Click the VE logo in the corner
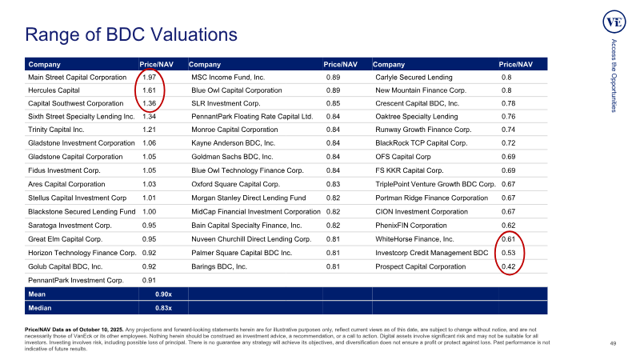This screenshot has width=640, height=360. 614,22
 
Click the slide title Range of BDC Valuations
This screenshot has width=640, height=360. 131,34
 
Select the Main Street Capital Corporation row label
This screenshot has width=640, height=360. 77,77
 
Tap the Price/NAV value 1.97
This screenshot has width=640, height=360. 149,77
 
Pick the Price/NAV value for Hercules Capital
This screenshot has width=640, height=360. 149,90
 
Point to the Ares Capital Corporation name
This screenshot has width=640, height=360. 66,184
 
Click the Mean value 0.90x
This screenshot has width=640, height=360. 163,294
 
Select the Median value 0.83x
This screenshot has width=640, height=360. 163,308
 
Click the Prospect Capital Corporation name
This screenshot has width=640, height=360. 421,266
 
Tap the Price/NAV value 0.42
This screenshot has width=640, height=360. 508,266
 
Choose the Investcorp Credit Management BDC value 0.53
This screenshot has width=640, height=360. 508,253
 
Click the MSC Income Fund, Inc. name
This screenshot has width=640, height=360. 228,77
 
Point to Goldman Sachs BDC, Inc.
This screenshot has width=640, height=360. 232,157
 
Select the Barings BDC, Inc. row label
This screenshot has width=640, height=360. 219,266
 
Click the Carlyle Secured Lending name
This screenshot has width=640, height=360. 414,77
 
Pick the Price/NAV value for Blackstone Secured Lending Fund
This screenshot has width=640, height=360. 149,211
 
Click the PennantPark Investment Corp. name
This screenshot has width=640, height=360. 75,281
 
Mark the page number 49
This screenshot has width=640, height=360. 613,343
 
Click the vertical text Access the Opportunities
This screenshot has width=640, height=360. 614,75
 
